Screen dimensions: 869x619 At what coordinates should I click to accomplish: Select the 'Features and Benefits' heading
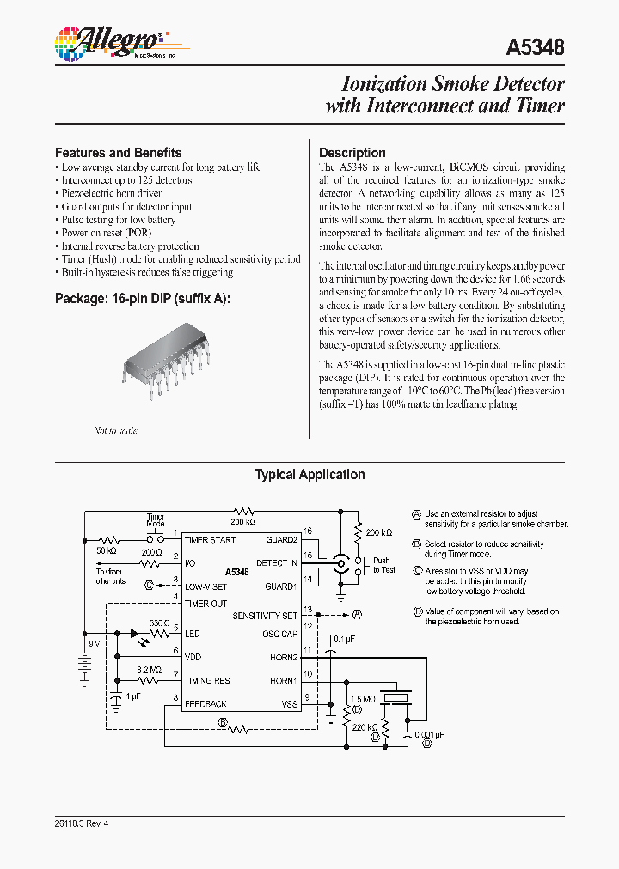tap(118, 153)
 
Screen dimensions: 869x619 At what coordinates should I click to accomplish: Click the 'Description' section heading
tap(352, 153)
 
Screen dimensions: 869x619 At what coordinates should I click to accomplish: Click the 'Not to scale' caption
tap(115, 430)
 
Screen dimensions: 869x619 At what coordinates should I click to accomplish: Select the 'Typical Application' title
tap(309, 475)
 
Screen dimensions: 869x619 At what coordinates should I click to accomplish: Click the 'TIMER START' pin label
tap(209, 538)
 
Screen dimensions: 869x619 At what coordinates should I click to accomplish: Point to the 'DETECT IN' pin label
tap(277, 562)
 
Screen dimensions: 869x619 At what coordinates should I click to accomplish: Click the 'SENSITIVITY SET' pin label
tap(265, 616)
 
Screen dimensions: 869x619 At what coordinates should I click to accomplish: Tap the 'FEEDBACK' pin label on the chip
tap(205, 703)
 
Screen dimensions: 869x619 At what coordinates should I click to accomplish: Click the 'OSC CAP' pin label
tap(279, 635)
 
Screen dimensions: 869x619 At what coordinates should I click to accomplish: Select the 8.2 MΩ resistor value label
tap(149, 668)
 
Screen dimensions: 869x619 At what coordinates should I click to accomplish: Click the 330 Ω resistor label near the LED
tap(159, 623)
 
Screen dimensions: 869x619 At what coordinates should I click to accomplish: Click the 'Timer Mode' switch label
tap(155, 519)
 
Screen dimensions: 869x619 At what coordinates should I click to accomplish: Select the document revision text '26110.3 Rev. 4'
tap(82, 823)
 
